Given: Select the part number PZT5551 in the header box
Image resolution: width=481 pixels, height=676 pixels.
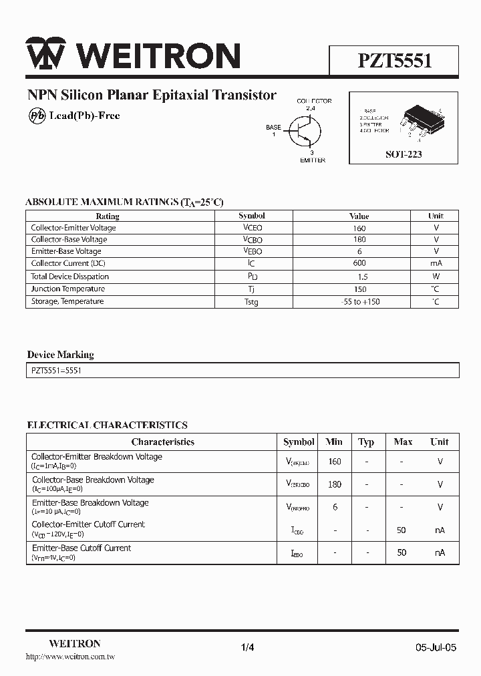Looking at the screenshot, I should click(394, 61).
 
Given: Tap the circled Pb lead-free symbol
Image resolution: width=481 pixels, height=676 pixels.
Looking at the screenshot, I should click(36, 116).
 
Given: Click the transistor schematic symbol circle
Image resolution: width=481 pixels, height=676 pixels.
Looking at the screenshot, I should click(304, 130).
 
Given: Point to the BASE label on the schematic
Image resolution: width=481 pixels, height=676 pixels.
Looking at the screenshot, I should click(273, 127).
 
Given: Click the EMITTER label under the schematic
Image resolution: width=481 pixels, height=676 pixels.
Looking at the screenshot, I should click(312, 160).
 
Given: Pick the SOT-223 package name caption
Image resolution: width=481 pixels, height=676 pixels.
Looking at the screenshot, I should click(404, 154).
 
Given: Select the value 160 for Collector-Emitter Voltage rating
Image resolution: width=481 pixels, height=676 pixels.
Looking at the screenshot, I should click(359, 228).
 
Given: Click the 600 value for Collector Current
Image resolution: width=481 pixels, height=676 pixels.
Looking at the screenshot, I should click(359, 263).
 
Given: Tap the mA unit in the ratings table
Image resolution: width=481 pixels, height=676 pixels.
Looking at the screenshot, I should click(436, 263).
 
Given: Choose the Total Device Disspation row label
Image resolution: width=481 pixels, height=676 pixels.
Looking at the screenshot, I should click(69, 277).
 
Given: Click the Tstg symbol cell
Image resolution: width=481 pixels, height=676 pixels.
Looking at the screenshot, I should click(251, 302).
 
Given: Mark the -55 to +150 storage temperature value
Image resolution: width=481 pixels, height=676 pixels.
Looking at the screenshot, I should click(359, 302).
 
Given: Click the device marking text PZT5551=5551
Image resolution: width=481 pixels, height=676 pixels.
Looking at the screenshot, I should click(56, 370).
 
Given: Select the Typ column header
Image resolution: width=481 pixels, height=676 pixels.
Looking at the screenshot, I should click(366, 442).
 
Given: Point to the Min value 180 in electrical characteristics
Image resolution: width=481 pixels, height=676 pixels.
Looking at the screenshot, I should click(334, 484).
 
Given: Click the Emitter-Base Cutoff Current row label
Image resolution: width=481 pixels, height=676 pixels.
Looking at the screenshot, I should click(82, 548).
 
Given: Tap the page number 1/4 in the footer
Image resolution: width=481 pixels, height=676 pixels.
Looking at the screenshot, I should click(247, 647).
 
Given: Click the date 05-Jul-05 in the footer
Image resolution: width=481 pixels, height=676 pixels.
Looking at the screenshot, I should click(436, 647).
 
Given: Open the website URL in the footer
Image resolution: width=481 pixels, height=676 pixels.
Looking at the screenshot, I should click(70, 657).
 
